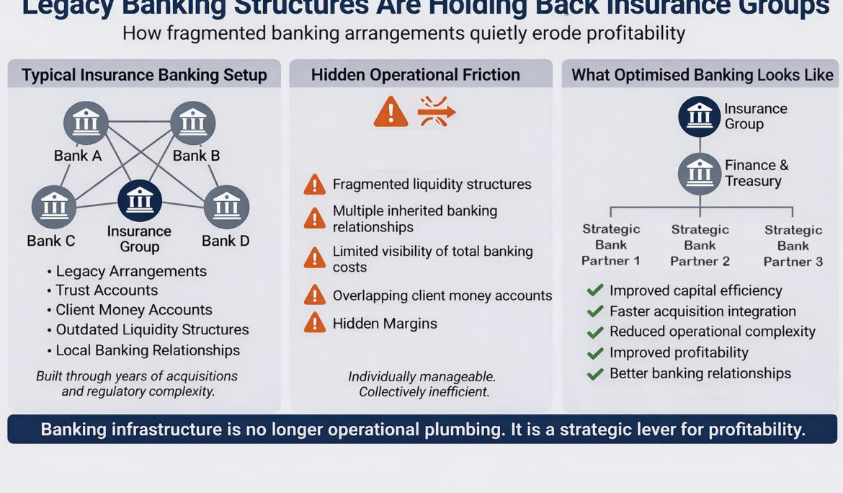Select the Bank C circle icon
pos(54,207)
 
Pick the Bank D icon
pos(227,207)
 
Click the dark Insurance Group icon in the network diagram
pos(139,200)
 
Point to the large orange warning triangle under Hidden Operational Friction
pos(391,112)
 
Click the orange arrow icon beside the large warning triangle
pos(436,112)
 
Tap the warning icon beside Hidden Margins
pos(314,323)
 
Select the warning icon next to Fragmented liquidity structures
pos(314,185)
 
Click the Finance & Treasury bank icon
pos(699,174)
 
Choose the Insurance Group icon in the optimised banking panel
pos(699,116)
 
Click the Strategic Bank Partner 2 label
pos(700,245)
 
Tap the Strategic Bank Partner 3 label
pos(793,246)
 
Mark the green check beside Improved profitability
pos(595,353)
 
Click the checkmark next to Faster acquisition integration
pos(595,311)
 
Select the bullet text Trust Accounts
pos(107,290)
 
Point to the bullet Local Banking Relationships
pos(148,350)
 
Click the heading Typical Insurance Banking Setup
pos(144,75)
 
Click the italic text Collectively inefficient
pos(424,392)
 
